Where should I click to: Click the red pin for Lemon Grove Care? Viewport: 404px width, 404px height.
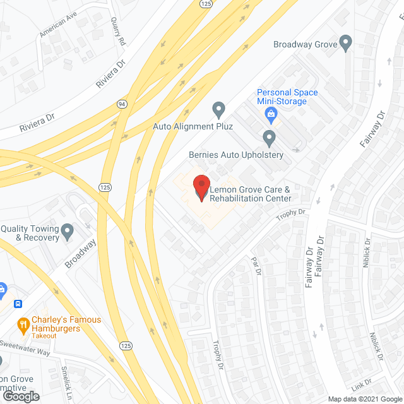point(201,187)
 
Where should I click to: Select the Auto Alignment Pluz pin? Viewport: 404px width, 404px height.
point(218,110)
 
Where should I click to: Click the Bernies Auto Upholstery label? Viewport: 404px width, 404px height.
point(236,155)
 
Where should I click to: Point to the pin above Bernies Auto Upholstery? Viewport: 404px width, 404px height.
point(270,137)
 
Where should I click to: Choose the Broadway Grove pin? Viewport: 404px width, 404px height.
point(345,42)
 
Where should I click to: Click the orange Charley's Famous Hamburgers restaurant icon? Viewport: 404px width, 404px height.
point(23,326)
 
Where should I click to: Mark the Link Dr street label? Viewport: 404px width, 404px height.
point(362,384)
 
